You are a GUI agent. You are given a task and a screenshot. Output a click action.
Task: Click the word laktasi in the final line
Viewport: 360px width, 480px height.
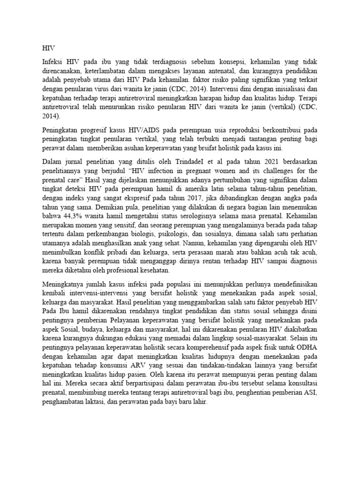94,398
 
